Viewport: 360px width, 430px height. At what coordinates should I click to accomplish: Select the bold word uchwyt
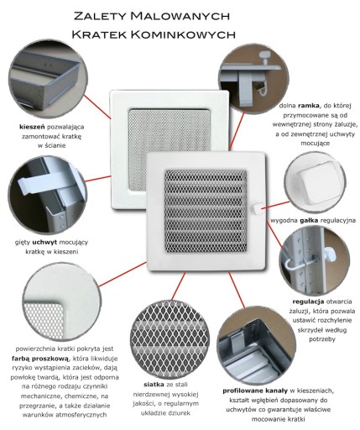44,242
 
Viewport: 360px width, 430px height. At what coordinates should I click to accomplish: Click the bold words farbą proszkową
40,359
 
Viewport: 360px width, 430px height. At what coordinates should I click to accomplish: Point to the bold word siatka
154,385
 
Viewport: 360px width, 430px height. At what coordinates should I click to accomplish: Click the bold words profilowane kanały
255,391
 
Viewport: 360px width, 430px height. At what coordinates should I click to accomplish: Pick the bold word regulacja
308,302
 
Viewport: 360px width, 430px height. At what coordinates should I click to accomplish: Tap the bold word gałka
309,221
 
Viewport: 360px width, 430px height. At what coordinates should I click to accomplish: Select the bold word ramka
308,106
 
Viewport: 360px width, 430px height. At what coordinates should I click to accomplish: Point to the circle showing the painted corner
61,303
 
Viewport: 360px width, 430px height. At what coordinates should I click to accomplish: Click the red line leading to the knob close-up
275,205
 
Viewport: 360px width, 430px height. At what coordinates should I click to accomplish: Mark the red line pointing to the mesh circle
178,286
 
